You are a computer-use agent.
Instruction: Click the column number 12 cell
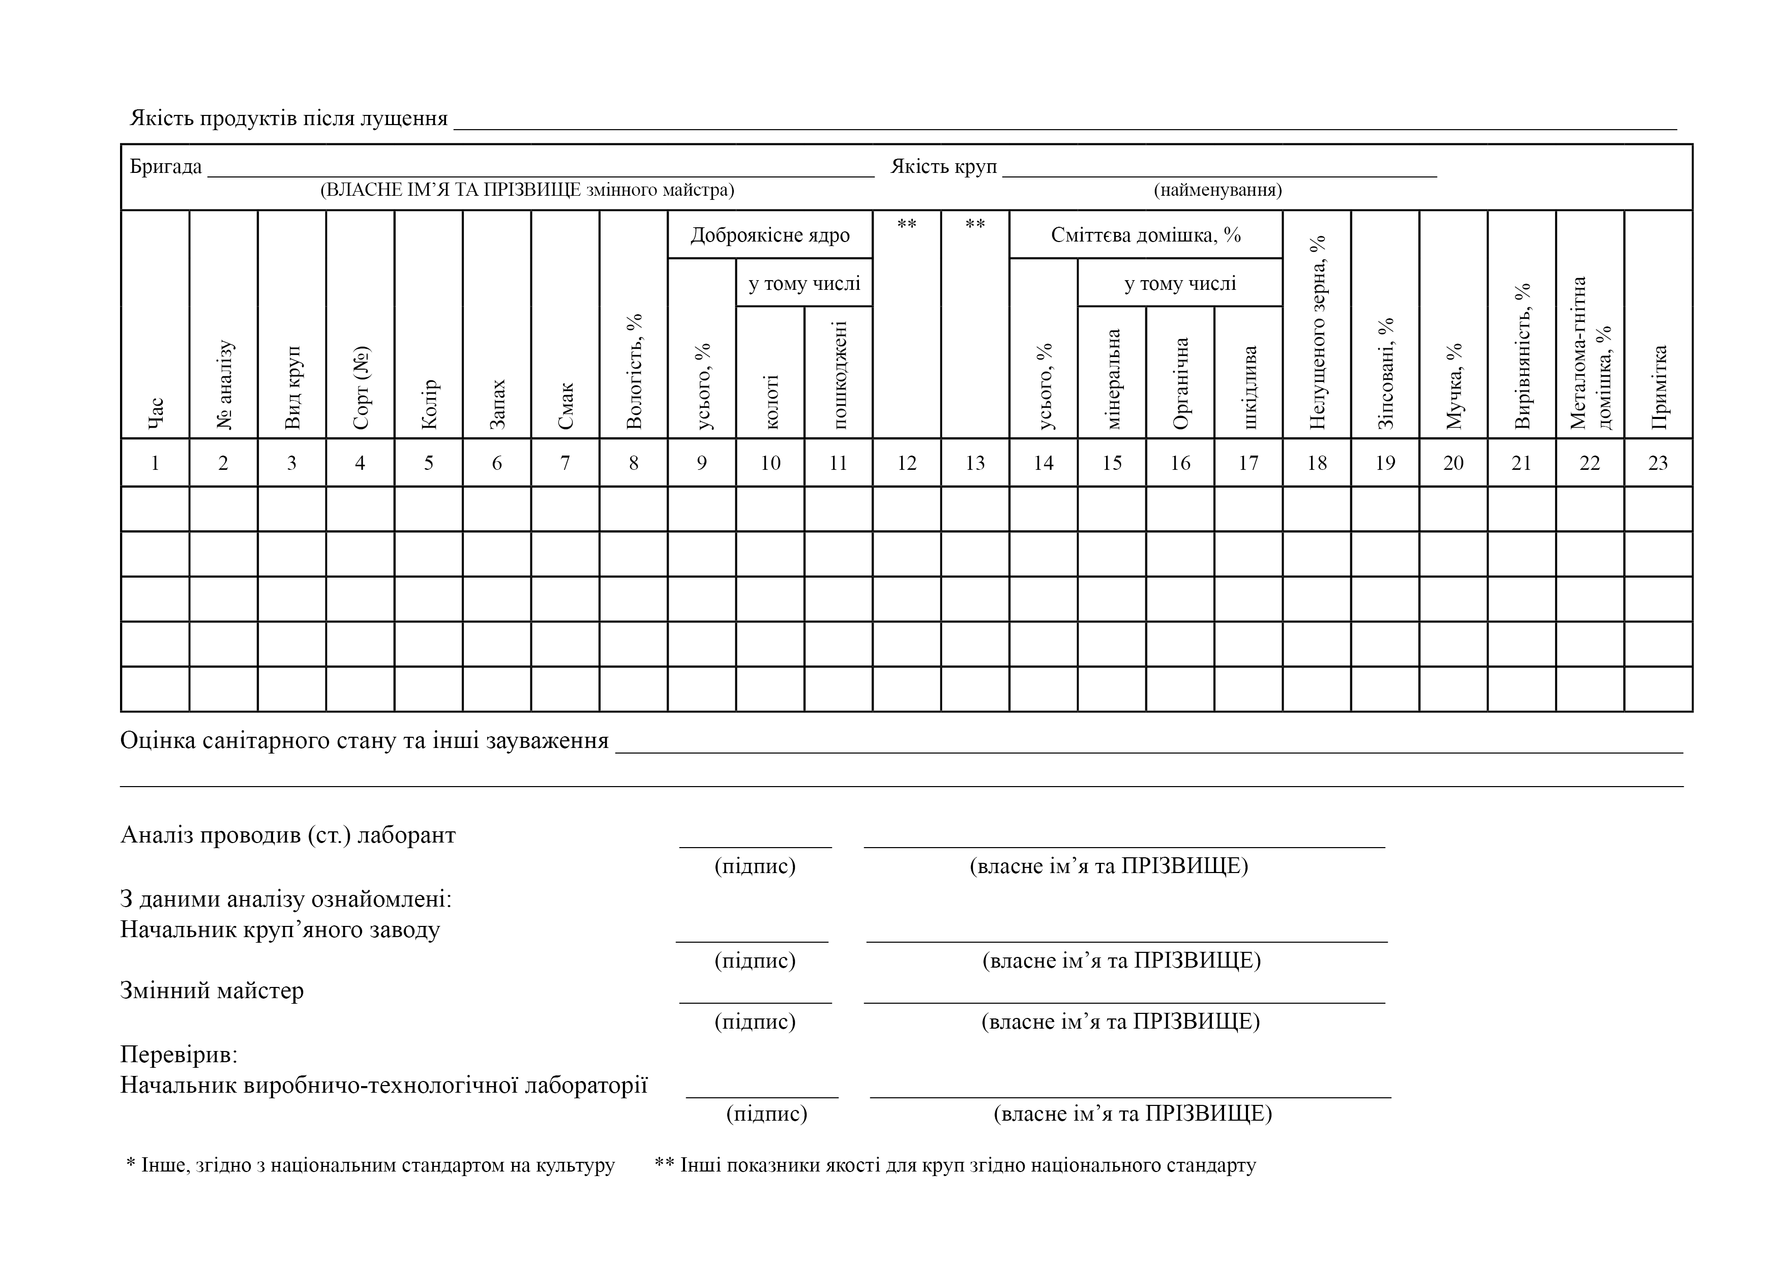(906, 463)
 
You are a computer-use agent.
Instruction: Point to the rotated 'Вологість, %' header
(634, 371)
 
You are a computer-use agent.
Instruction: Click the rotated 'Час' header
(156, 413)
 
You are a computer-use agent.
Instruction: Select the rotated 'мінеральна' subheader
(1112, 379)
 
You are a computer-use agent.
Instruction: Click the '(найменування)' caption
(1217, 190)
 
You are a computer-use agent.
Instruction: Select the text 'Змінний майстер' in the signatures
(212, 990)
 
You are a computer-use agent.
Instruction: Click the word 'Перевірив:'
(179, 1055)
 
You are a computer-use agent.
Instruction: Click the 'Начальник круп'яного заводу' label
(280, 930)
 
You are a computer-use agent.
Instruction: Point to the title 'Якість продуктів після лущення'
(288, 118)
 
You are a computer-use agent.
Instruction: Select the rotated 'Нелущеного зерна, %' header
(1317, 333)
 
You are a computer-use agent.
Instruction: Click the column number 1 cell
(156, 463)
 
